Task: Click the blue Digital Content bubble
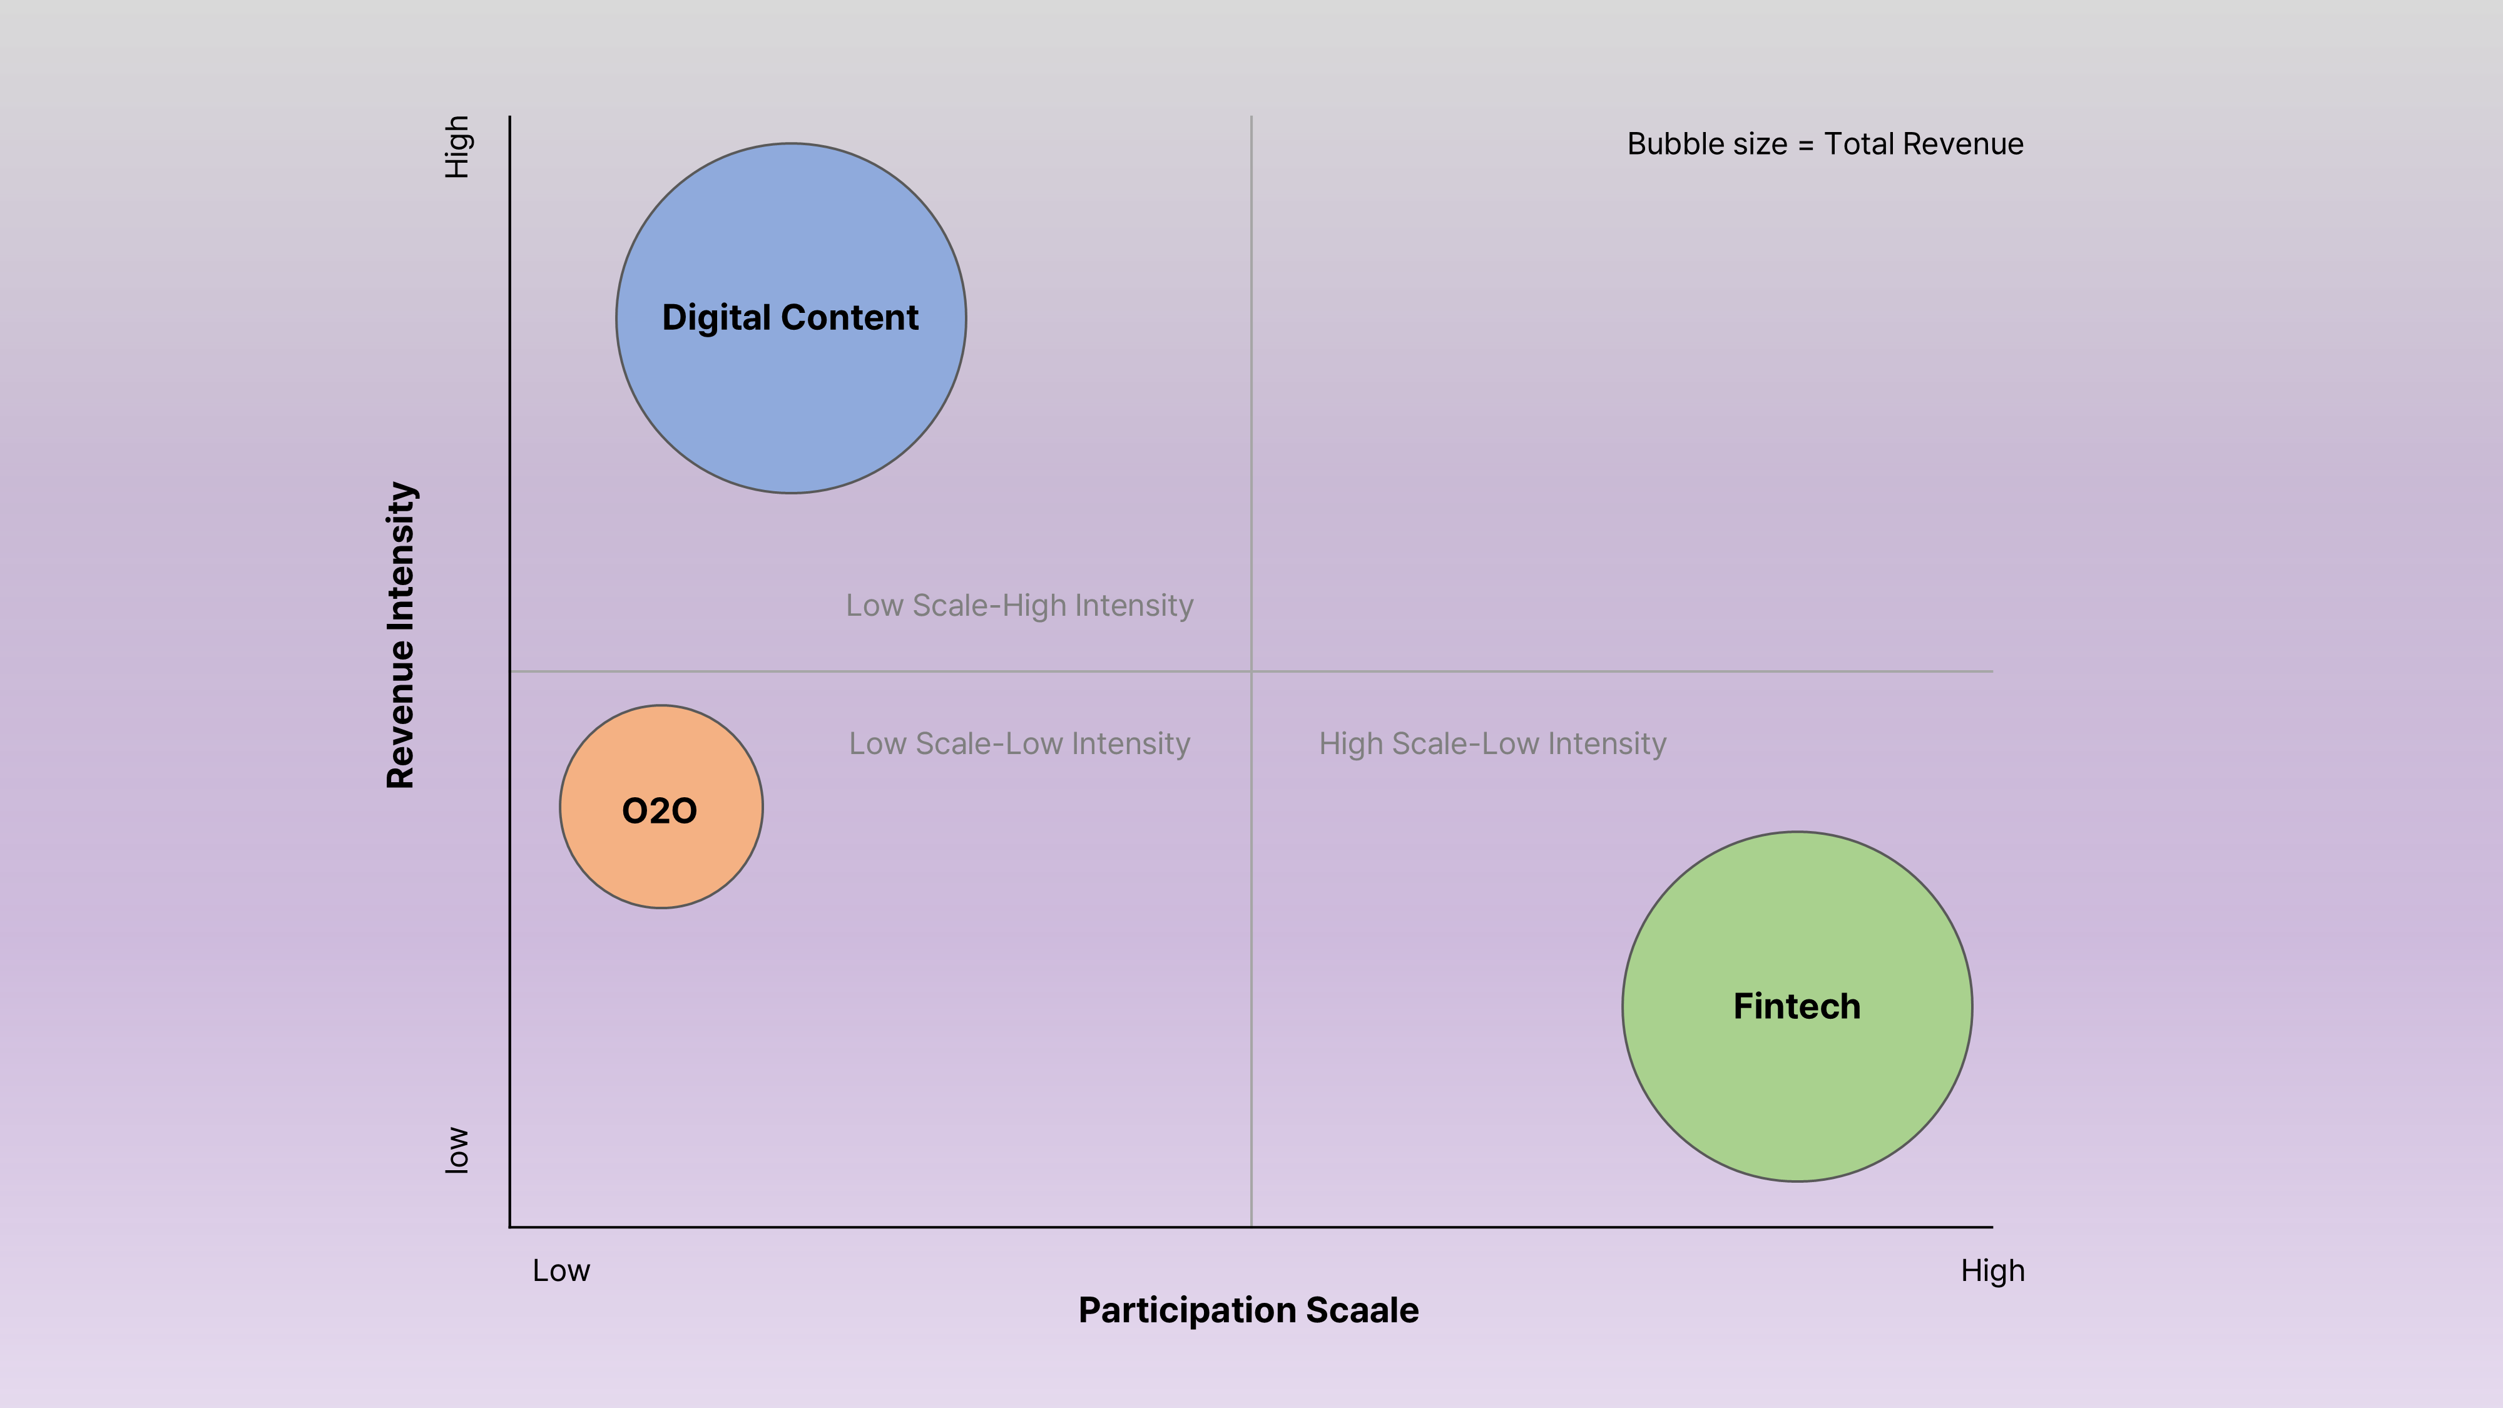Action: [x=791, y=408]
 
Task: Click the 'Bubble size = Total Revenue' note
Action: [x=1825, y=144]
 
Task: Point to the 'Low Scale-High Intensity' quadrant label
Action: [x=1019, y=605]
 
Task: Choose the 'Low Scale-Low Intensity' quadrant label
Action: [x=1019, y=743]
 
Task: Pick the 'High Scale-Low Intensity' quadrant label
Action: [x=1492, y=743]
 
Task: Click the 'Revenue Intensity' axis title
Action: [x=401, y=635]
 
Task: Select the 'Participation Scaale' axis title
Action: [x=1248, y=1310]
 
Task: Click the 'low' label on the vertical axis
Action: [x=457, y=1151]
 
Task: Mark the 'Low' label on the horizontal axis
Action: [x=561, y=1270]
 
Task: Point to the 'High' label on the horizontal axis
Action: [x=1992, y=1270]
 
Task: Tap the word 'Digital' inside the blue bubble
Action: [x=716, y=318]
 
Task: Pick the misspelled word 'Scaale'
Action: [x=1362, y=1310]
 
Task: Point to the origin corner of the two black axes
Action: [x=510, y=1227]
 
